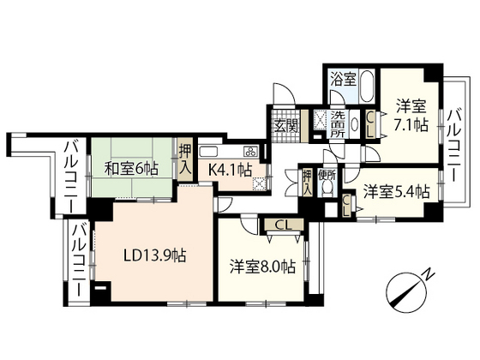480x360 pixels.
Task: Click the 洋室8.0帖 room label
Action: point(262,266)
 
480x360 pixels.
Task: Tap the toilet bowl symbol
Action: point(326,195)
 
